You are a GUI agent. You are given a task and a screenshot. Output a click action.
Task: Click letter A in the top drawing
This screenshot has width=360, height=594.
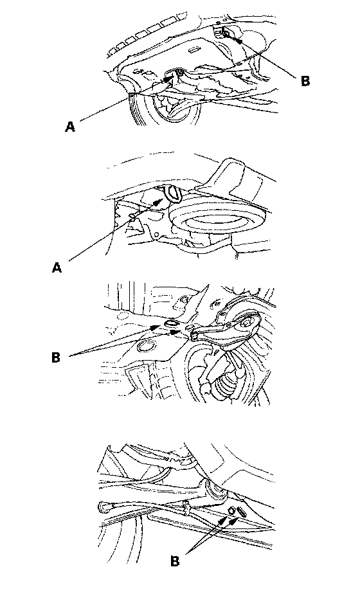70,127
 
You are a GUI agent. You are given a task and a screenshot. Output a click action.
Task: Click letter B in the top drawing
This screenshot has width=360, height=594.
305,81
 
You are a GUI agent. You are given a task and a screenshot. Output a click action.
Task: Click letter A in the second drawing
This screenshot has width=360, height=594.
57,268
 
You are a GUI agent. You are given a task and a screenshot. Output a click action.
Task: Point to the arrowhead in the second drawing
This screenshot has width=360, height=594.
159,201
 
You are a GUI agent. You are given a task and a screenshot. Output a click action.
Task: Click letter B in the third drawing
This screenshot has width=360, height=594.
56,357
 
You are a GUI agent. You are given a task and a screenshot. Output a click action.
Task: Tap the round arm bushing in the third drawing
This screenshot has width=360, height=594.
247,323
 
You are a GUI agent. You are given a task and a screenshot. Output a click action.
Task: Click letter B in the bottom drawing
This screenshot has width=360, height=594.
175,561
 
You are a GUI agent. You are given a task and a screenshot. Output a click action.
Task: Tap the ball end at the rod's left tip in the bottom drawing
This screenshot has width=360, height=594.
104,507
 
